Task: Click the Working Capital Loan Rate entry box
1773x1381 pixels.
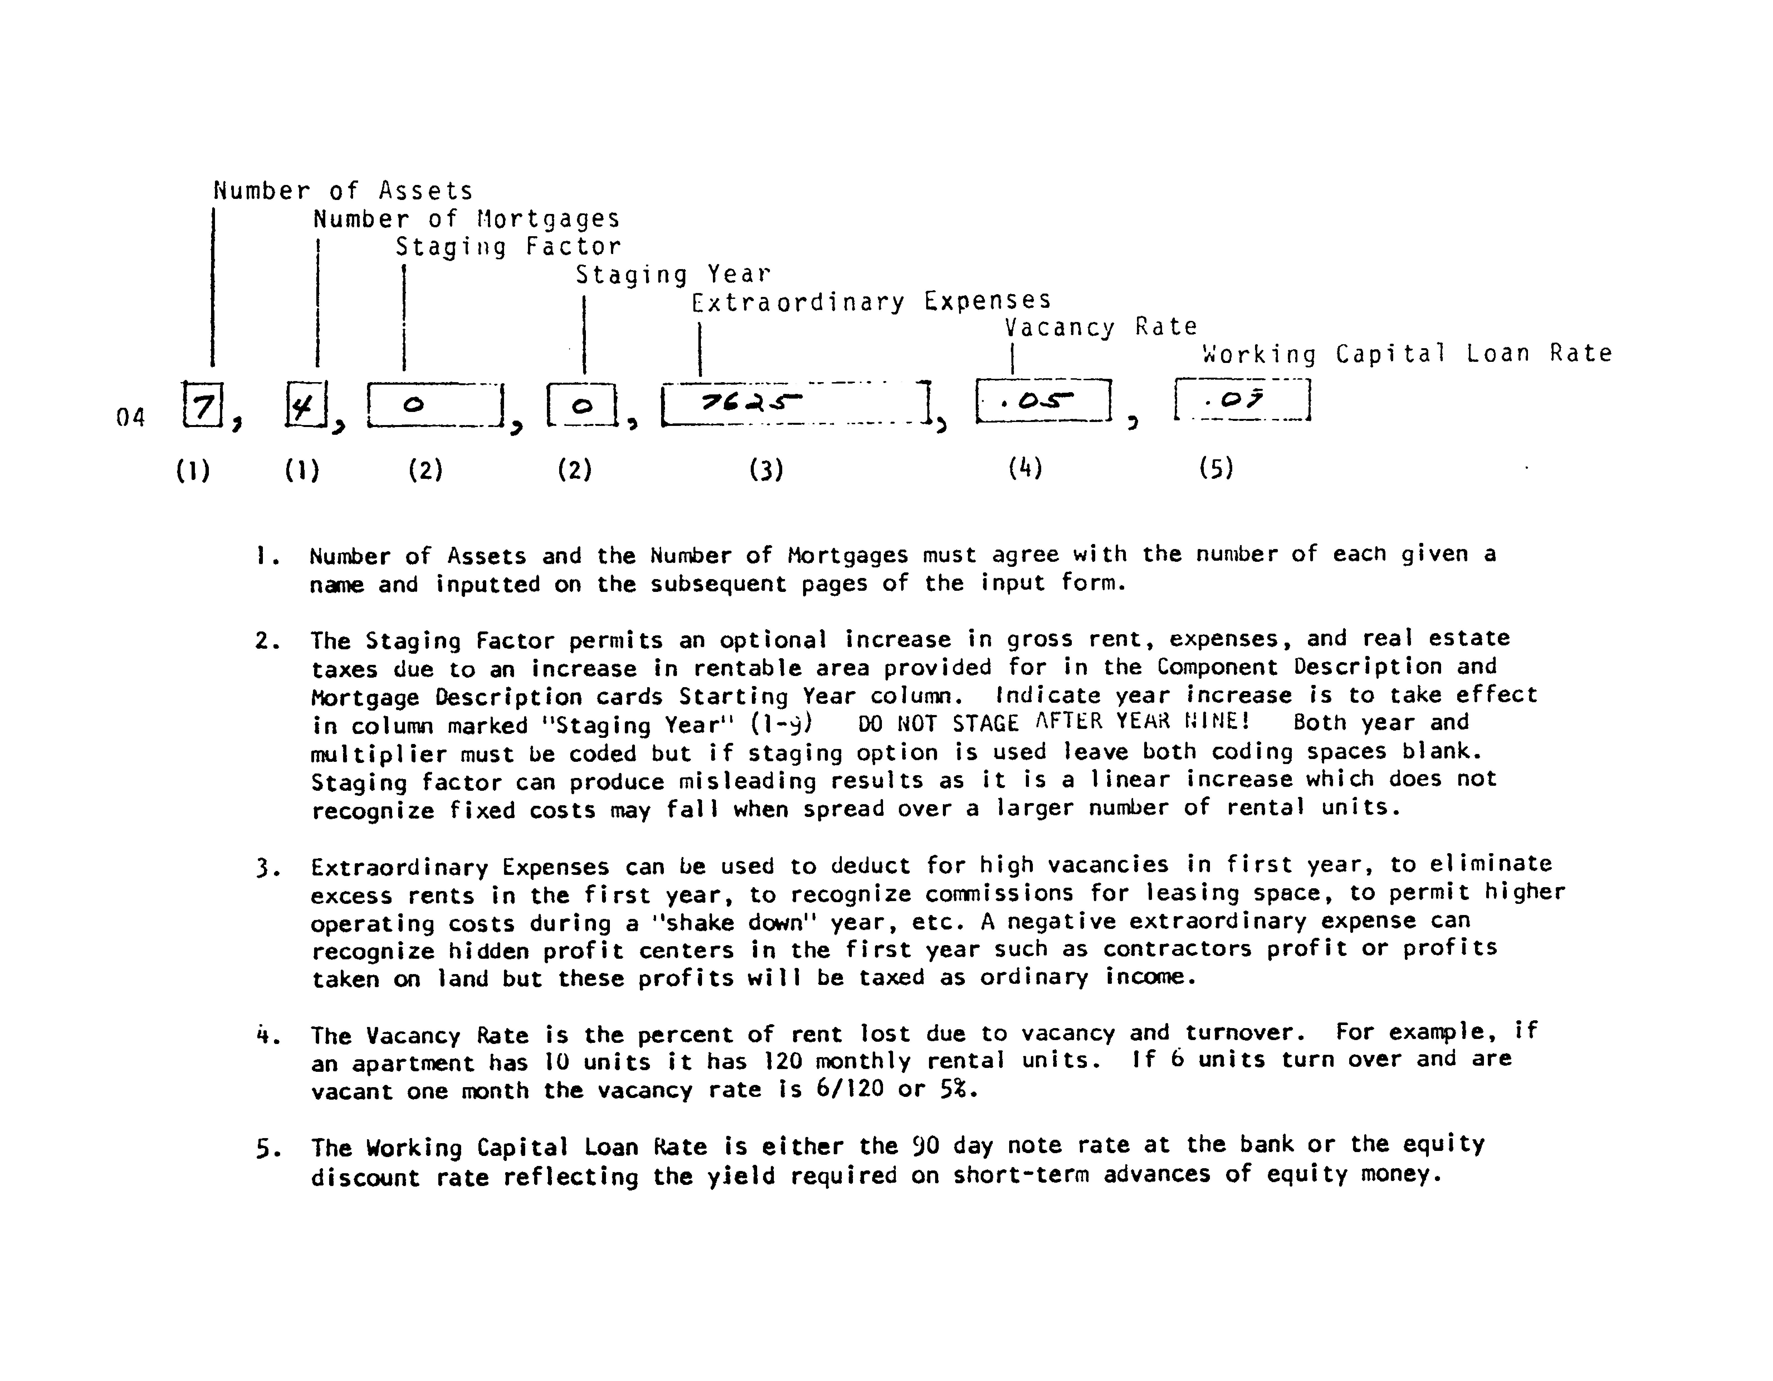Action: pyautogui.click(x=1242, y=399)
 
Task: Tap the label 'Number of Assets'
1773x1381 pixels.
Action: pyautogui.click(x=343, y=191)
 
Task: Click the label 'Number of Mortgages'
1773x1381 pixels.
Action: pyautogui.click(x=467, y=219)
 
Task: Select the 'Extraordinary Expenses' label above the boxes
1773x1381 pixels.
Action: pyautogui.click(x=871, y=302)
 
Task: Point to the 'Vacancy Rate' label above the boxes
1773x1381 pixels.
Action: pyautogui.click(x=1101, y=327)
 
